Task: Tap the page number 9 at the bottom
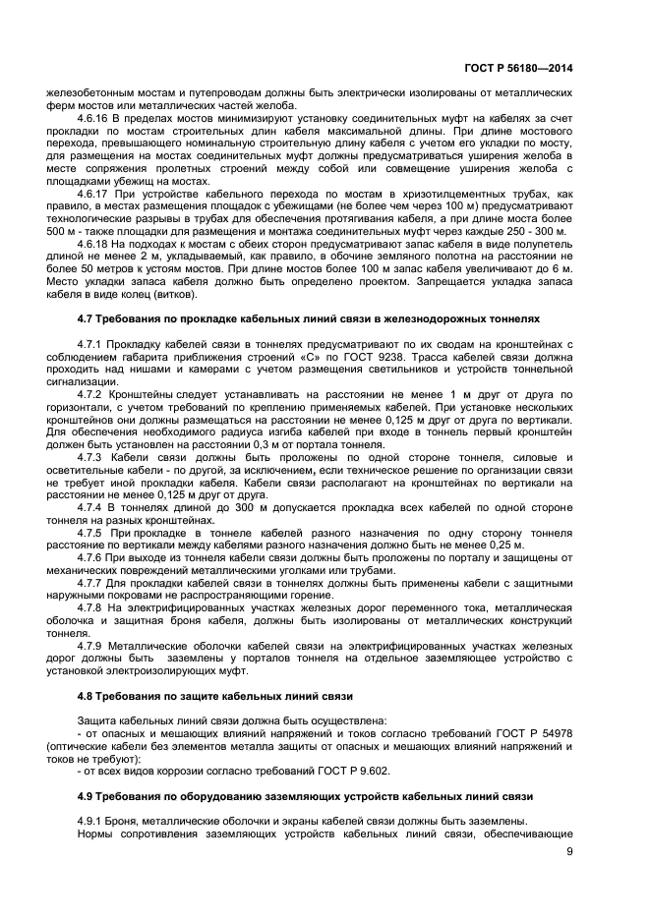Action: coord(569,851)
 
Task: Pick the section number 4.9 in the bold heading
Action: coord(86,796)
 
